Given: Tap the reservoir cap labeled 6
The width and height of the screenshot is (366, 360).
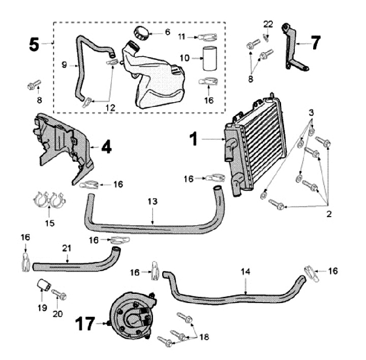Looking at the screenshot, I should coord(139,33).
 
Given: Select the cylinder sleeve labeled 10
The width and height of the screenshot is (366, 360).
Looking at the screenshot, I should coord(209,59).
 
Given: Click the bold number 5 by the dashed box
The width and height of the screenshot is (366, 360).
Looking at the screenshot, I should coord(34,44).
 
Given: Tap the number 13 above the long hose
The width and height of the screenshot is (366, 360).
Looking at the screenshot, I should coord(153,202).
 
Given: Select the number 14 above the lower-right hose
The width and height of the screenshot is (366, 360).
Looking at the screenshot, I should coord(246,272).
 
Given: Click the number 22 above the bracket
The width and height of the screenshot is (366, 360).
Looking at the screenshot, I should coord(268,23).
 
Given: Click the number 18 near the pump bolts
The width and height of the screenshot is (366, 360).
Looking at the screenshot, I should coord(204,337).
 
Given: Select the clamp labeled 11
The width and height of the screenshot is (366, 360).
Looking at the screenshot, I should coord(207,37).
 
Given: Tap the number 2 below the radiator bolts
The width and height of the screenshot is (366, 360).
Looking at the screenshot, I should coord(329,214).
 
